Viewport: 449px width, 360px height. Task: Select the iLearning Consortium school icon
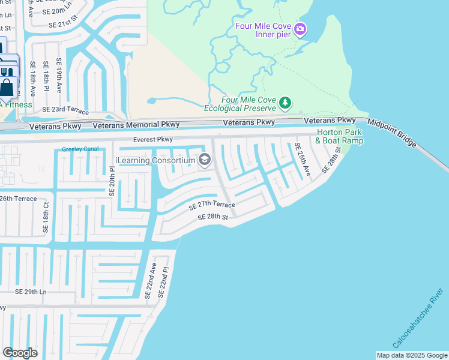tap(205, 160)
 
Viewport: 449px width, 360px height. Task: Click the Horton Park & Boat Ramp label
tap(340, 136)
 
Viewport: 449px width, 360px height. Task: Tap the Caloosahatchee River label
tap(418, 319)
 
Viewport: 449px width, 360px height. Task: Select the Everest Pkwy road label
tap(153, 139)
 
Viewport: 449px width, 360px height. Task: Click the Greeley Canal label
tap(80, 149)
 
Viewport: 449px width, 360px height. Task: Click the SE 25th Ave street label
tap(302, 159)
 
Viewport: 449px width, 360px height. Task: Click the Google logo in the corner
tap(20, 353)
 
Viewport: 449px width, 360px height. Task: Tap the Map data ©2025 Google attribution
tap(411, 355)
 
